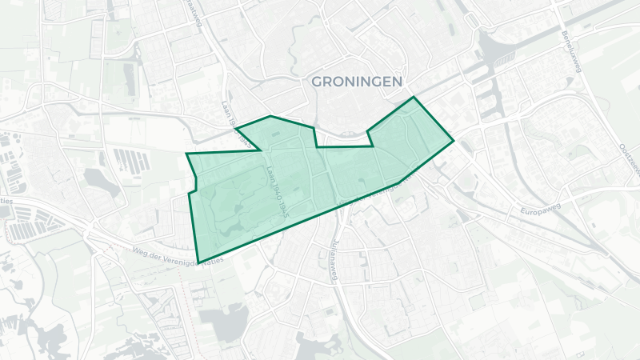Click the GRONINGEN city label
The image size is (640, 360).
(357, 82)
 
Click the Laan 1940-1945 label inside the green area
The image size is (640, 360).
(278, 191)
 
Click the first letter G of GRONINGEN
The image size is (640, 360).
(316, 82)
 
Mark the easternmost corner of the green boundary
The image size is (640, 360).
(454, 141)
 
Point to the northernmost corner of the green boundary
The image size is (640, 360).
(414, 98)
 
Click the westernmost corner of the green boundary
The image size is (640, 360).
(186, 154)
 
